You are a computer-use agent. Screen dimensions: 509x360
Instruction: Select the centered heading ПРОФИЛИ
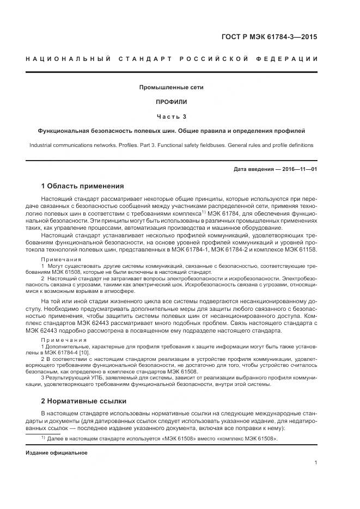[x=172, y=102]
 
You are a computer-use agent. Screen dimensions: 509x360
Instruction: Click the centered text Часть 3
[x=172, y=116]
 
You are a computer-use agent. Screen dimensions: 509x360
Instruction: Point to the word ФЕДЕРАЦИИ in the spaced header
[x=288, y=58]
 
